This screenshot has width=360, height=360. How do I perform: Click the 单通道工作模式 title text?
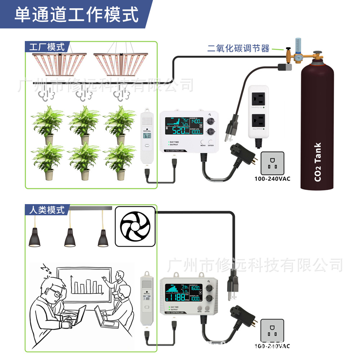click(x=76, y=15)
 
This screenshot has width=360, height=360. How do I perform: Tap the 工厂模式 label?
click(x=47, y=47)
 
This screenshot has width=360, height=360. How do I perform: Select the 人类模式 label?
click(x=47, y=210)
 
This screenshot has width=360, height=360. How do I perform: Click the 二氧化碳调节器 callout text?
click(x=238, y=49)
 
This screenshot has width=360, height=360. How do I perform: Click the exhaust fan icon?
click(x=135, y=228)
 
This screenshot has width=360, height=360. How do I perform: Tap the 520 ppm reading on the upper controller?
click(x=177, y=130)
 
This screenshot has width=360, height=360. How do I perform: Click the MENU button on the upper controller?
click(x=203, y=142)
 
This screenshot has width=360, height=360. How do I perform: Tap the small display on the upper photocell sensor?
click(x=148, y=136)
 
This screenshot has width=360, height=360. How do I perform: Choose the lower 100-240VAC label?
click(x=272, y=346)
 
